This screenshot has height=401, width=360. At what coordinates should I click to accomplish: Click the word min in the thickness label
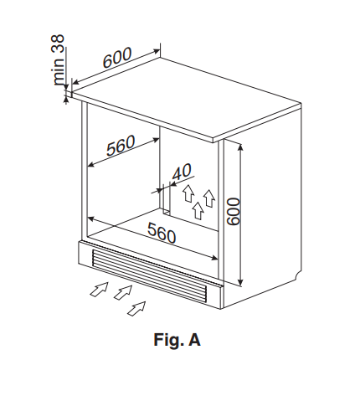59,72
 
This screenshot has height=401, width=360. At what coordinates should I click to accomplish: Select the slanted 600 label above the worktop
117,58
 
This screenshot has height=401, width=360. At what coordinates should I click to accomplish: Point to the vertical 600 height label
234,211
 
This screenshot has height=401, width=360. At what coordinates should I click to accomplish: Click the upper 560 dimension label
121,146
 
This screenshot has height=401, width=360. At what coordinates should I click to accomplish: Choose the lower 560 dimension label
162,233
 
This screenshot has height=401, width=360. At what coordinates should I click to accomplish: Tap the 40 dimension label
183,172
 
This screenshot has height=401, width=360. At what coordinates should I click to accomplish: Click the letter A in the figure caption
194,340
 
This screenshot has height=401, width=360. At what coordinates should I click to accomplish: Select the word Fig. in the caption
169,340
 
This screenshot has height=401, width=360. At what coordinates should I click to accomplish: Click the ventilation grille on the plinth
149,274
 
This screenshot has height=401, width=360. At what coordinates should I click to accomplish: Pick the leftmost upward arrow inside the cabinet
188,193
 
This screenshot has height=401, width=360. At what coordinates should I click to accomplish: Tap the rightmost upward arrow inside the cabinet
209,198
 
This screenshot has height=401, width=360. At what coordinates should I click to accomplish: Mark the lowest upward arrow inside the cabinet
198,210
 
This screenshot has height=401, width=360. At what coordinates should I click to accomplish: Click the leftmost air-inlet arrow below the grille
100,289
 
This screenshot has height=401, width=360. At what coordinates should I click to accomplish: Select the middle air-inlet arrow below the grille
123,292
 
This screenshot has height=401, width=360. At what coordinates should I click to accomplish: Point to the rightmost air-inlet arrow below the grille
136,309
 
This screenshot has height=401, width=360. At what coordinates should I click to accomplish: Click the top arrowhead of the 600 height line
241,147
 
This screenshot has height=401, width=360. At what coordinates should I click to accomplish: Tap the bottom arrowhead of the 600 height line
241,281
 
